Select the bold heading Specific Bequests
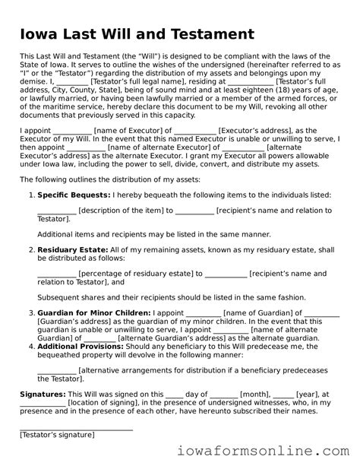(x=73, y=195)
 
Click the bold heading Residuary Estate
(x=72, y=249)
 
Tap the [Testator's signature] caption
(x=57, y=435)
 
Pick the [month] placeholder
(x=254, y=395)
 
